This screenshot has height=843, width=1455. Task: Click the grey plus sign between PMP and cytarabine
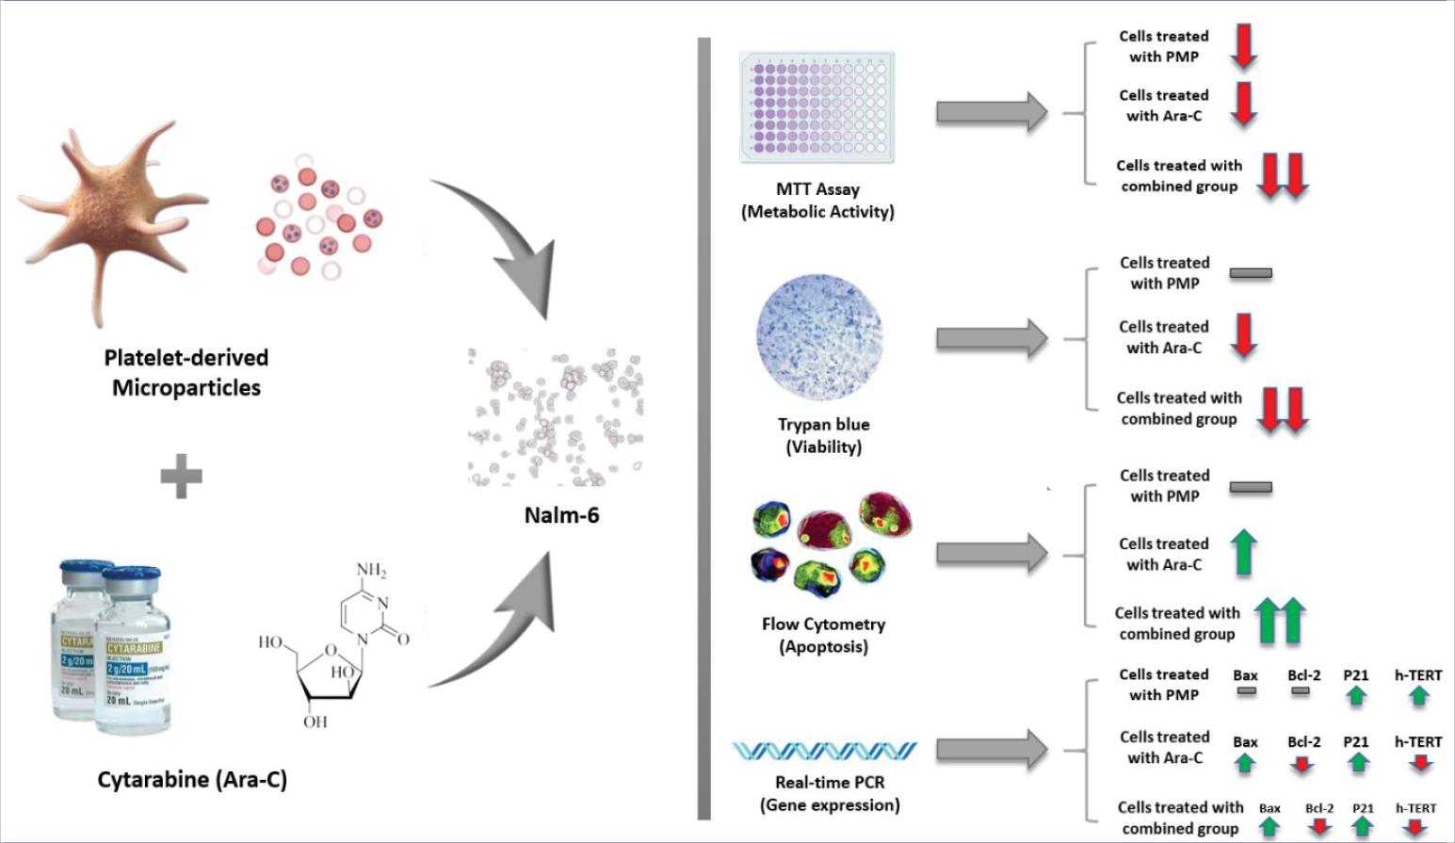181,476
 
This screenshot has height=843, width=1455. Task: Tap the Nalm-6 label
561,515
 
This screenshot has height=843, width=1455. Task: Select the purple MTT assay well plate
817,108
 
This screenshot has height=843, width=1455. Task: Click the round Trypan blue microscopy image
819,336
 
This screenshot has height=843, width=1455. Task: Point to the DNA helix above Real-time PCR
825,750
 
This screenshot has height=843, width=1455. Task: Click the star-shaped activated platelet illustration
113,212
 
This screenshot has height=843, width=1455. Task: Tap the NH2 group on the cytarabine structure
371,570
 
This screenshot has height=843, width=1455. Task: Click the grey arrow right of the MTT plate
991,112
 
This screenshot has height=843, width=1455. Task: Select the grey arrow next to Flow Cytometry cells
991,552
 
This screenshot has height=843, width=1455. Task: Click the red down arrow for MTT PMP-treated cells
1244,45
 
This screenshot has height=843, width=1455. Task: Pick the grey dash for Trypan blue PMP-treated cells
1251,273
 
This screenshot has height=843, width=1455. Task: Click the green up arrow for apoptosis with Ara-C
1244,552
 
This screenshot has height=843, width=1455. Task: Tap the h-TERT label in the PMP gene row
1418,675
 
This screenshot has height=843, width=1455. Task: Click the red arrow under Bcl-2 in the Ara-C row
1302,765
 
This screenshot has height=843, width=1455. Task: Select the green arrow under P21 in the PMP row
1356,696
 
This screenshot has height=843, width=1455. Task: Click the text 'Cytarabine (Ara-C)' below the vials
192,780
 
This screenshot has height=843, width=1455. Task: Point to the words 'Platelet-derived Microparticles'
186,373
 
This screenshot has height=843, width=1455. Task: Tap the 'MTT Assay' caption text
817,189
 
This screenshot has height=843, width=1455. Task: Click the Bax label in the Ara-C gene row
1245,742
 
